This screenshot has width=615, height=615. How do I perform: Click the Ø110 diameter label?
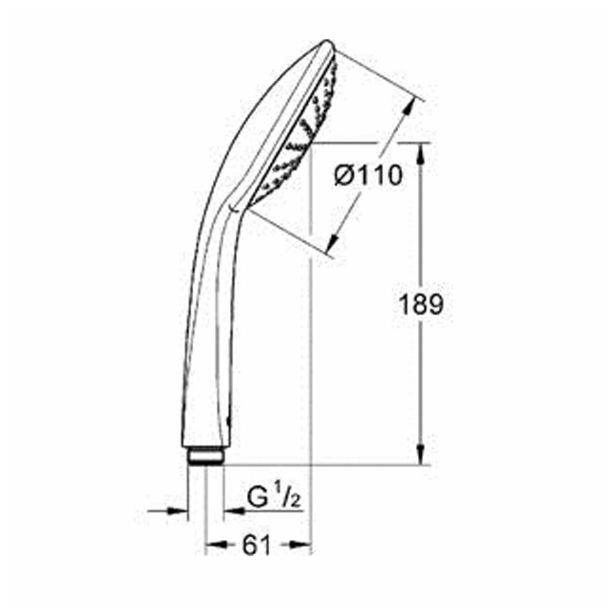click(368, 175)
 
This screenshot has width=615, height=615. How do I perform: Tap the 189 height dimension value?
click(421, 304)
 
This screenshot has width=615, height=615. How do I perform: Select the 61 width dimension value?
click(257, 545)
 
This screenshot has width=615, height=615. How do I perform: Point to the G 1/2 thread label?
click(273, 498)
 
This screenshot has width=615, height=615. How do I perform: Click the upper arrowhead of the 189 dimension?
click(421, 153)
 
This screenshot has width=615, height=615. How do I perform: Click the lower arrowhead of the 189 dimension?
click(421, 455)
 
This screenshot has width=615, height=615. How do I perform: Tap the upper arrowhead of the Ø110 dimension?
click(409, 107)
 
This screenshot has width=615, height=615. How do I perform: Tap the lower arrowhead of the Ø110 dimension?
click(333, 242)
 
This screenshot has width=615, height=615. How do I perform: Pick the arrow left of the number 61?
click(216, 544)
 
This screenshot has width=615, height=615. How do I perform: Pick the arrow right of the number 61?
click(300, 544)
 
